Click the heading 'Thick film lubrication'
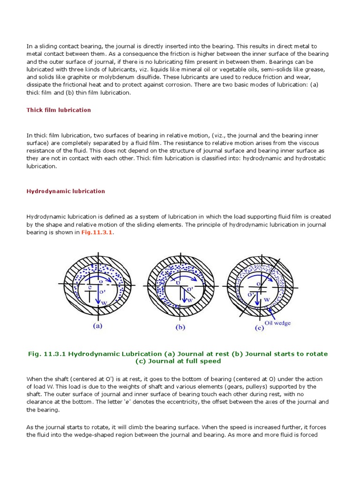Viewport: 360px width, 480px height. (x=59, y=110)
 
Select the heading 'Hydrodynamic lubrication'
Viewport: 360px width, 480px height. (x=66, y=191)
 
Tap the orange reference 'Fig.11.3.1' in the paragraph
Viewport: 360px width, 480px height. (x=97, y=232)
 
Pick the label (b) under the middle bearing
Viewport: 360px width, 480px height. (x=180, y=328)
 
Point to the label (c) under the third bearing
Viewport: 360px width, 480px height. (x=259, y=328)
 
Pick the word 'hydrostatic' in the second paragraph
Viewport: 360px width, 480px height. (x=310, y=158)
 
